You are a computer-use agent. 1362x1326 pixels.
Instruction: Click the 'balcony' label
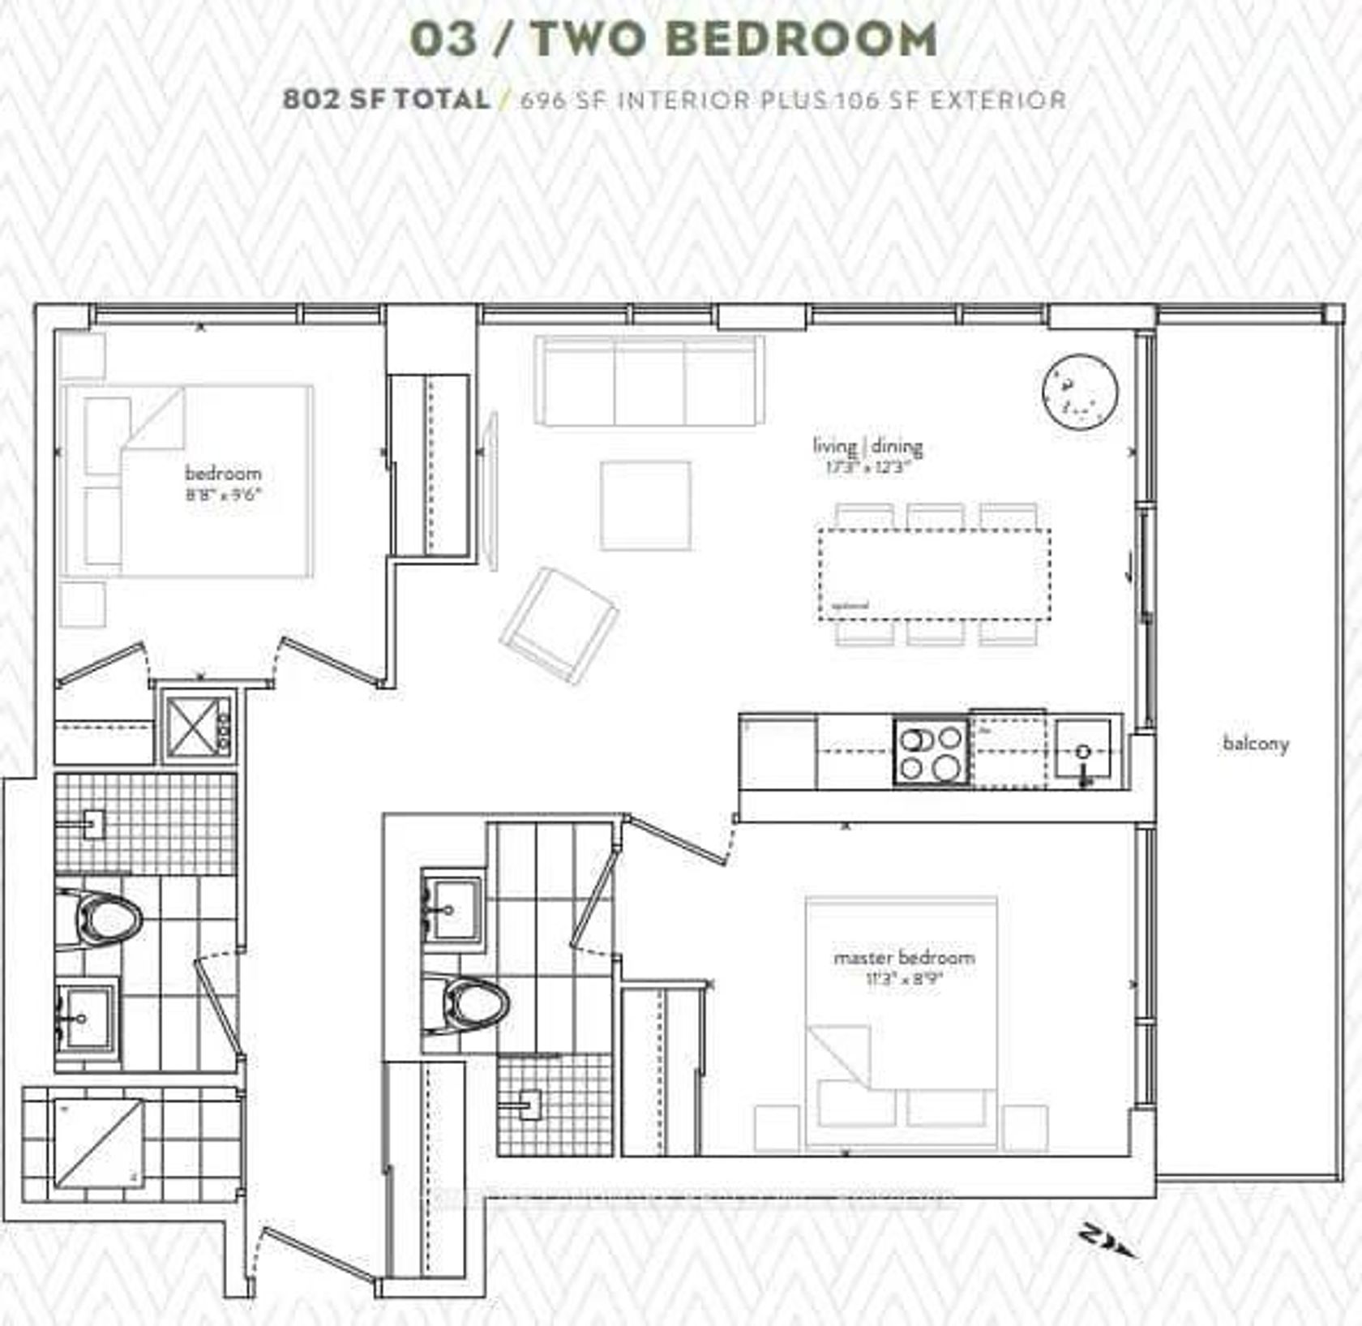coord(1255,743)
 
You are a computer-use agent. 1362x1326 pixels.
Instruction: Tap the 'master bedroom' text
coord(904,957)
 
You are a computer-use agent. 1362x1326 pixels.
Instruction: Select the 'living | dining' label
coord(867,445)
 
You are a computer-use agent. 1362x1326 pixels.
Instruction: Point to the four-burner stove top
coord(932,753)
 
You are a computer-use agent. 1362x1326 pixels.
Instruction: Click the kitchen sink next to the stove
coord(1085,753)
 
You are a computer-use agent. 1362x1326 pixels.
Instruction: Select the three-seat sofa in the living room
coord(649,381)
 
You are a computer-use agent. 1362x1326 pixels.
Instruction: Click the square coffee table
coord(645,506)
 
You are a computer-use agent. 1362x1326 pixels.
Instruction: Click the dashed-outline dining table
coord(934,574)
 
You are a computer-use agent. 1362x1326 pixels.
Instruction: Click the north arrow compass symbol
coord(1107,1241)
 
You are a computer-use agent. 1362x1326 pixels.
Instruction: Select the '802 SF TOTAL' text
coord(386,100)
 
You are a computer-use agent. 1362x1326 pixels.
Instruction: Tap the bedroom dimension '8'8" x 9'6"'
coord(222,495)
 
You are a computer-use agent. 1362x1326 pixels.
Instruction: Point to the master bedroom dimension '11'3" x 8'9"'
coord(904,979)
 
